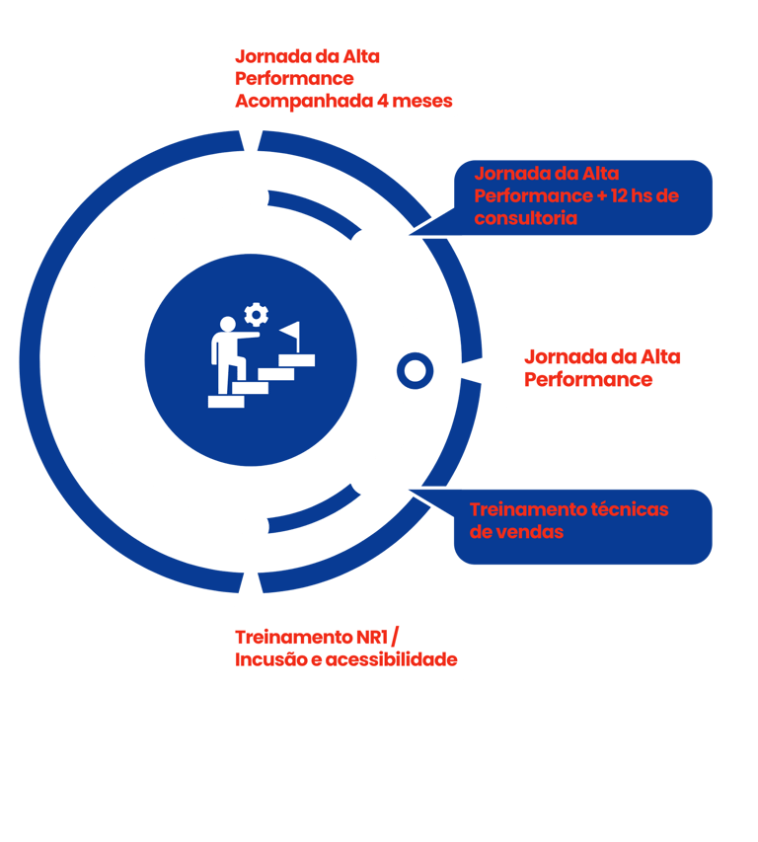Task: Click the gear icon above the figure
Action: click(257, 315)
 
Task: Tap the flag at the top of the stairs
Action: click(290, 333)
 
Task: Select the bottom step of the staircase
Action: click(226, 401)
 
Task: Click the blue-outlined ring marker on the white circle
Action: click(415, 371)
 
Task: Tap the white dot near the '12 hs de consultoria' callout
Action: click(368, 247)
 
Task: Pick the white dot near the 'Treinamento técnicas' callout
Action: click(368, 478)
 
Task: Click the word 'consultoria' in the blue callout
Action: click(526, 217)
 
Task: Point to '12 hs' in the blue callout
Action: click(633, 195)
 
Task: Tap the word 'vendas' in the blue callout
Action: click(531, 531)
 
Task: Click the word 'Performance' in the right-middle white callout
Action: click(588, 379)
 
